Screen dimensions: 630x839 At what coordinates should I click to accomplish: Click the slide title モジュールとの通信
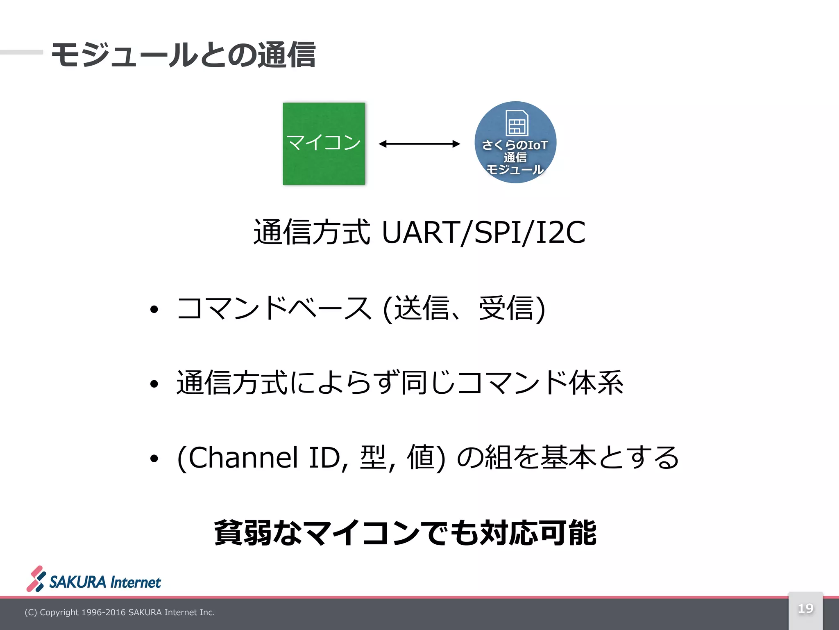[183, 55]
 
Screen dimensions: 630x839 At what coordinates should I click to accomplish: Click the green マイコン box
[324, 144]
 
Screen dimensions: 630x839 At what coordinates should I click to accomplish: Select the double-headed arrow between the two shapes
[419, 144]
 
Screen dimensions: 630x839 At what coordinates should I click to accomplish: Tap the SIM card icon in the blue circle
[516, 123]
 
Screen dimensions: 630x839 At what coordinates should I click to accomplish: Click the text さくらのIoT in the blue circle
[515, 145]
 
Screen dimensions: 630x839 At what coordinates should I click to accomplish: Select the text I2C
[560, 233]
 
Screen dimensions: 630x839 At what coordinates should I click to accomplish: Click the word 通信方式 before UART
[312, 233]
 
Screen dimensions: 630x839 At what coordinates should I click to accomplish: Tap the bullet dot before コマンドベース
[154, 310]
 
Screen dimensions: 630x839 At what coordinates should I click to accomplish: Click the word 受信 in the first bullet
[506, 308]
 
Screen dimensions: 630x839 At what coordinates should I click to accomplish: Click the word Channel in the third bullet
[243, 457]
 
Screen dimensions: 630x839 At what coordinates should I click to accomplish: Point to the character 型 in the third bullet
[373, 457]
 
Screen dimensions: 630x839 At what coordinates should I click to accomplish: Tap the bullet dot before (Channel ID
[154, 459]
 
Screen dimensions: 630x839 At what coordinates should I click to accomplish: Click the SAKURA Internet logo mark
[36, 579]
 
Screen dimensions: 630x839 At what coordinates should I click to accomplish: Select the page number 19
[805, 608]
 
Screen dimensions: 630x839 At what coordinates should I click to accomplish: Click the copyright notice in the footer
[120, 612]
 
